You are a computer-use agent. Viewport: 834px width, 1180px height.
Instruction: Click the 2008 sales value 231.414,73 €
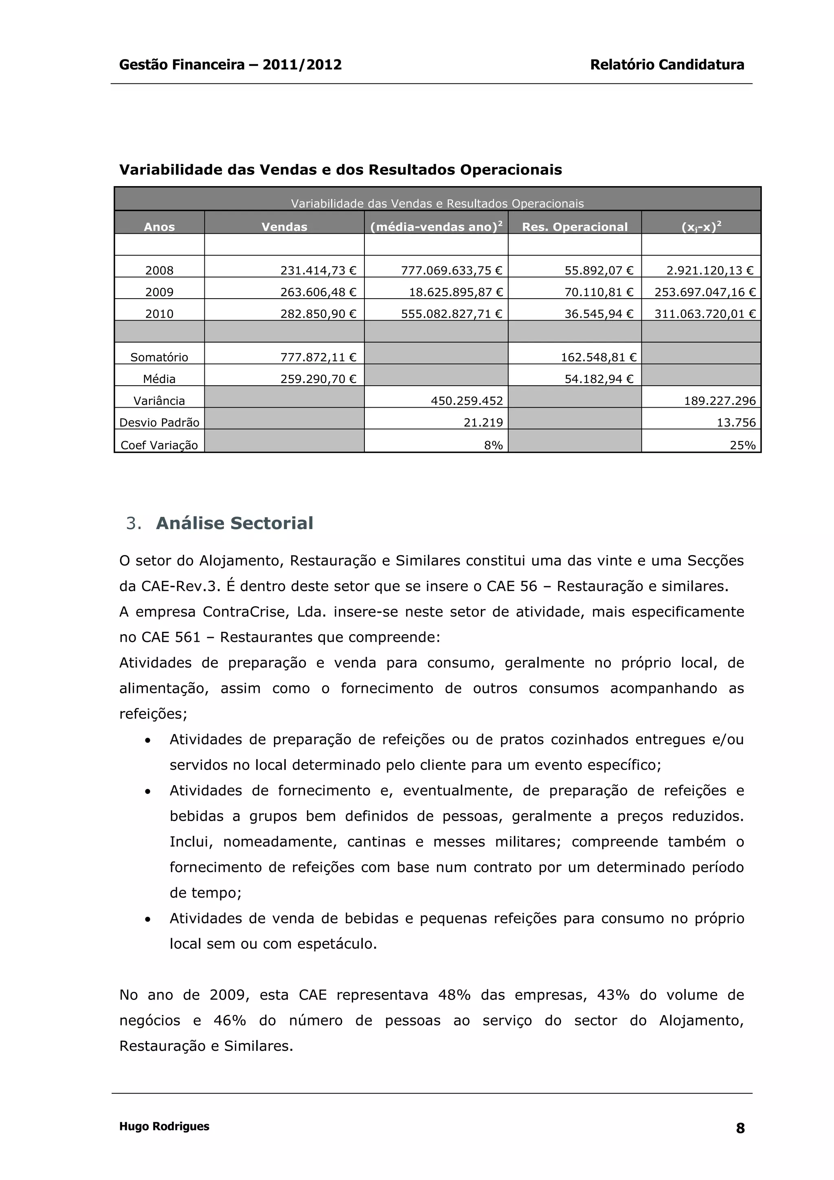coord(318,270)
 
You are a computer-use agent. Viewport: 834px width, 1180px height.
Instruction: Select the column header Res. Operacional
coord(575,226)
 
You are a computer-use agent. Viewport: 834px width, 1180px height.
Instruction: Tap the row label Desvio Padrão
coord(159,422)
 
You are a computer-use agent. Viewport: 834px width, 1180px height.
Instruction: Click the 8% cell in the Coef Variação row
coord(493,445)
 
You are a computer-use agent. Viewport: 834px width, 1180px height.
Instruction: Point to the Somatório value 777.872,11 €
coord(318,357)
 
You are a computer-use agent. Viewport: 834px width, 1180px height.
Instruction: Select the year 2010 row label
coord(159,314)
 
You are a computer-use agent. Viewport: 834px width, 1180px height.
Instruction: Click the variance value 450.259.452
coord(467,401)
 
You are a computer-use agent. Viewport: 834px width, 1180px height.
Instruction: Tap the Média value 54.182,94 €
coord(599,379)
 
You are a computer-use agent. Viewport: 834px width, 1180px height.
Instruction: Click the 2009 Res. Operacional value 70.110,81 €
coord(599,292)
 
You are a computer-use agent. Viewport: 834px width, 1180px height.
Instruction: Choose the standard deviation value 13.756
coord(736,422)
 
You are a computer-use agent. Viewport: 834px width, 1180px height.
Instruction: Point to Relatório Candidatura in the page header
coord(667,65)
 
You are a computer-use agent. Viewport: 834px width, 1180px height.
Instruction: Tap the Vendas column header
coord(284,226)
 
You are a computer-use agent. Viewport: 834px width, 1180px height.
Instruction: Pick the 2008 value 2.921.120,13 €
coord(710,270)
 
